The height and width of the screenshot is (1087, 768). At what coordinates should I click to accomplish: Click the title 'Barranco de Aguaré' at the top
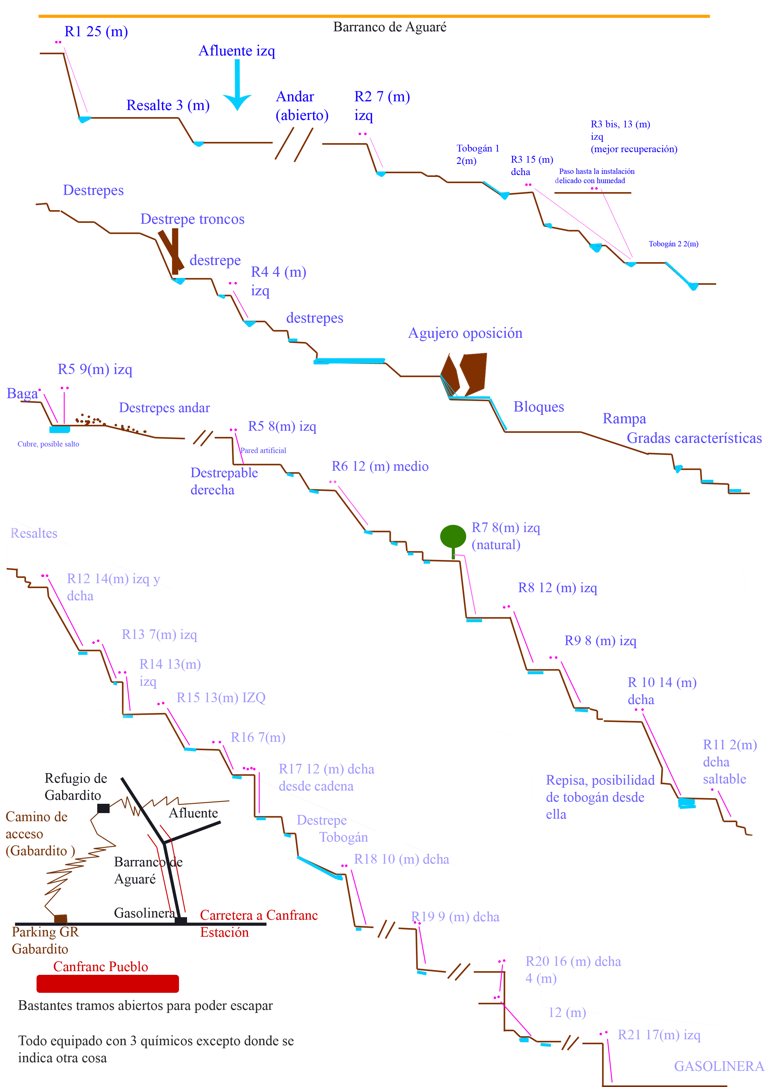pyautogui.click(x=390, y=27)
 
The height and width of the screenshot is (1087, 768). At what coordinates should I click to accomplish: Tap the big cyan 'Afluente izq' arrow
pyautogui.click(x=237, y=85)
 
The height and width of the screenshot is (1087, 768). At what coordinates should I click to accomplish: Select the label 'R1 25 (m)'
pyautogui.click(x=96, y=32)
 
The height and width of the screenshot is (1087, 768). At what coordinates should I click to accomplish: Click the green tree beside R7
pyautogui.click(x=453, y=541)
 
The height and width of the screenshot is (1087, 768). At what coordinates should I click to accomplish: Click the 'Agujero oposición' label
pyautogui.click(x=465, y=333)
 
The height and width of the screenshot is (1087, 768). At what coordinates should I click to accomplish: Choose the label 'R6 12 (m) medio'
pyautogui.click(x=380, y=466)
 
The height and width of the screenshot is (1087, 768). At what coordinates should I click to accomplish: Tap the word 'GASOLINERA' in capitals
pyautogui.click(x=718, y=1066)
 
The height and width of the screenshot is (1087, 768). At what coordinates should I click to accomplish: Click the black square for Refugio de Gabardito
pyautogui.click(x=103, y=808)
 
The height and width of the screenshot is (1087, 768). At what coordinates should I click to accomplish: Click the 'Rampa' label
pyautogui.click(x=624, y=419)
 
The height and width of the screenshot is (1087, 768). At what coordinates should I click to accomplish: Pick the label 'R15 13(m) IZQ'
pyautogui.click(x=221, y=698)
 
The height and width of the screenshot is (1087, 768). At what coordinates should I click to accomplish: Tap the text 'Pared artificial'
pyautogui.click(x=263, y=450)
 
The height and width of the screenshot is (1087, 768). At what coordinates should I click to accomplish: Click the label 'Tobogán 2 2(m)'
pyautogui.click(x=673, y=244)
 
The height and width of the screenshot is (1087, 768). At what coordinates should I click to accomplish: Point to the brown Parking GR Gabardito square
pyautogui.click(x=61, y=919)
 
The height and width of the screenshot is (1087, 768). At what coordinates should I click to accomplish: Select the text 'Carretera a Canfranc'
pyautogui.click(x=259, y=915)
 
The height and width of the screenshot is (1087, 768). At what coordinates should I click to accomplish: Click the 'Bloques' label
pyautogui.click(x=539, y=407)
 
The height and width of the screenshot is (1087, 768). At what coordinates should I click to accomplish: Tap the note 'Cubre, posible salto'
pyautogui.click(x=48, y=444)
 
